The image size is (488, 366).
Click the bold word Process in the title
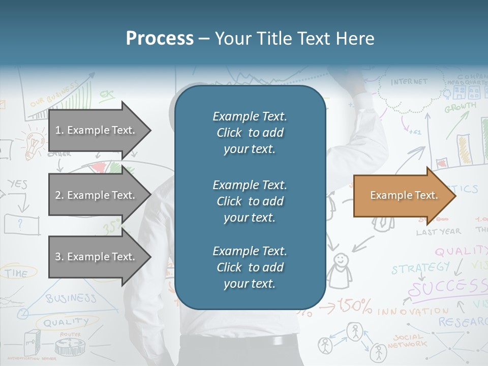coord(160,39)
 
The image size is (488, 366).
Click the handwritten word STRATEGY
coord(420,268)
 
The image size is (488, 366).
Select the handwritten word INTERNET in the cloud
coord(409,82)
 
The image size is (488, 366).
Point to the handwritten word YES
coord(17,184)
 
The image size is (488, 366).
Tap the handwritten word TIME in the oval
coord(17,273)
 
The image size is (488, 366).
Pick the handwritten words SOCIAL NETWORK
coord(407,341)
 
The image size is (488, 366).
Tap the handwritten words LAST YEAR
coord(438,232)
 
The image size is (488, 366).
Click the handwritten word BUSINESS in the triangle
coord(71,298)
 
